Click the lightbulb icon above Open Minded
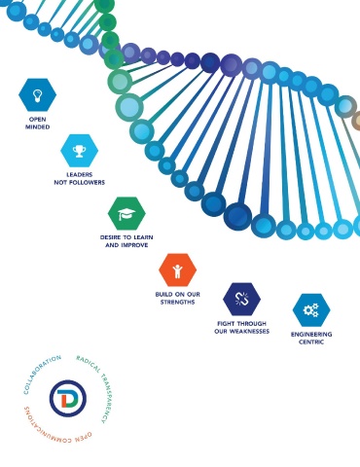[x=37, y=95]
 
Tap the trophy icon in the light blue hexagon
[x=80, y=151]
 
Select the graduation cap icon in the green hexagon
[x=126, y=214]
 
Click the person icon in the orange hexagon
[x=177, y=270]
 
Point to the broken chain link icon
[x=241, y=299]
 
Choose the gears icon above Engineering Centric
[x=311, y=309]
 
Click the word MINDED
[x=38, y=127]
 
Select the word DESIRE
[x=111, y=237]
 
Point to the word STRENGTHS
[x=177, y=303]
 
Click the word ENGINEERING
[x=311, y=335]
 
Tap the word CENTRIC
[x=311, y=342]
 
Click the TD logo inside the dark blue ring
[x=68, y=398]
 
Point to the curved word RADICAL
[x=89, y=363]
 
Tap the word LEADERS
[x=80, y=175]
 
